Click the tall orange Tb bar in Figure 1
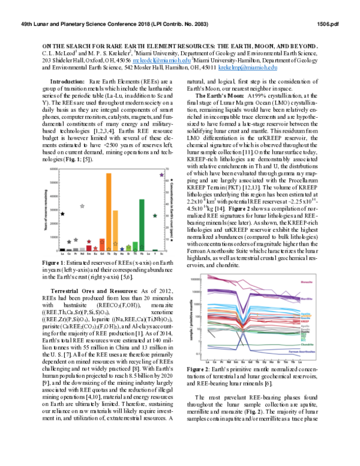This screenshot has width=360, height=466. click(x=109, y=212)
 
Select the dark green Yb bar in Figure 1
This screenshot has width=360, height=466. click(x=142, y=225)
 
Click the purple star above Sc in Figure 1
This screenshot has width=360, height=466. click(x=161, y=175)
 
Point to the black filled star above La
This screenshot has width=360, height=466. click(x=63, y=213)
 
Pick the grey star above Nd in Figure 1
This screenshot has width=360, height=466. click(x=82, y=206)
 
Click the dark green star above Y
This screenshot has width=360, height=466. click(x=155, y=215)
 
